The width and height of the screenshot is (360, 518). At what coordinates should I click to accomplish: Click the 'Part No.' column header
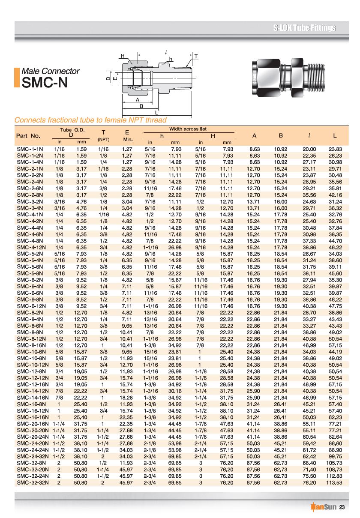(x=28, y=136)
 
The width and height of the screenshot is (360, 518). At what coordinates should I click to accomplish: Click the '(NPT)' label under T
(x=103, y=139)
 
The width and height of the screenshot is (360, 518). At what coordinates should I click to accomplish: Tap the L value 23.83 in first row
(x=335, y=149)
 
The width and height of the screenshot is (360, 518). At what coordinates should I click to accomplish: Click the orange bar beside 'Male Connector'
(x=17, y=77)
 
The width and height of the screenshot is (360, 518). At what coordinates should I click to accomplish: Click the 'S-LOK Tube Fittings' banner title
(x=304, y=28)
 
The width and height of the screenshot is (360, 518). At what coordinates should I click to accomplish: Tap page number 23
(x=342, y=508)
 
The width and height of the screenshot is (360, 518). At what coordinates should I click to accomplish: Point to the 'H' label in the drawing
(x=122, y=56)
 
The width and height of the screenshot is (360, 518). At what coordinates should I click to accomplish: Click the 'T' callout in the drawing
(x=196, y=56)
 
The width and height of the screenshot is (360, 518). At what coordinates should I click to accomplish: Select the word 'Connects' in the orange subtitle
(x=29, y=120)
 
